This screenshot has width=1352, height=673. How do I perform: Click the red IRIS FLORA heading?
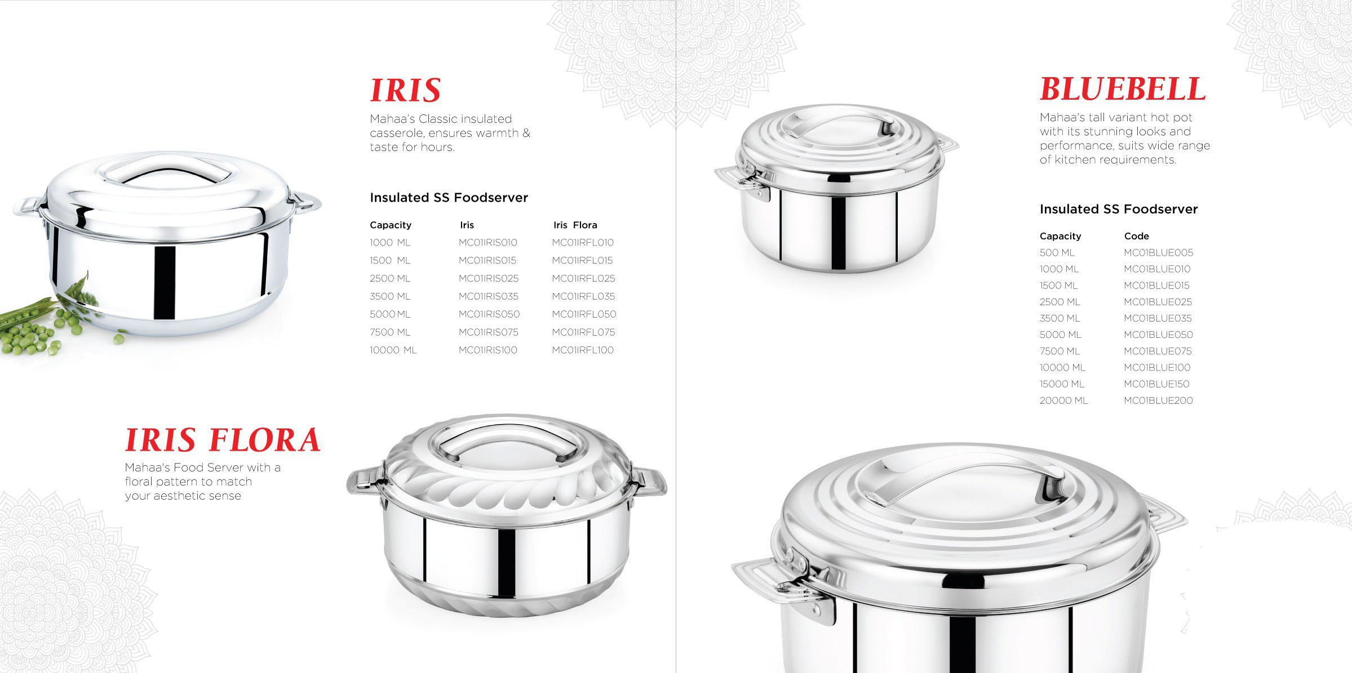(x=223, y=440)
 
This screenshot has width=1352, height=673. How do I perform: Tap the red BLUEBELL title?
(x=1123, y=89)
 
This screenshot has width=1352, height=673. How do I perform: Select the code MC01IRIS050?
(x=489, y=314)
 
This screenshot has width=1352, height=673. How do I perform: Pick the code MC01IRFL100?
(x=583, y=350)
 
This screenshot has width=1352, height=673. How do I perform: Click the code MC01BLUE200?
(x=1158, y=400)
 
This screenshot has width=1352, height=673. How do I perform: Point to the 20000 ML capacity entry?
(x=1063, y=400)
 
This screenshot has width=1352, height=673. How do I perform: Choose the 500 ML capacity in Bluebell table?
(x=1057, y=253)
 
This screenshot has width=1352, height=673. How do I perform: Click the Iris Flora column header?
(x=575, y=225)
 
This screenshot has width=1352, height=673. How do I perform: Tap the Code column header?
(x=1136, y=237)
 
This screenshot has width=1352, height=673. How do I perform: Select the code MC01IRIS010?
(x=487, y=243)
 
